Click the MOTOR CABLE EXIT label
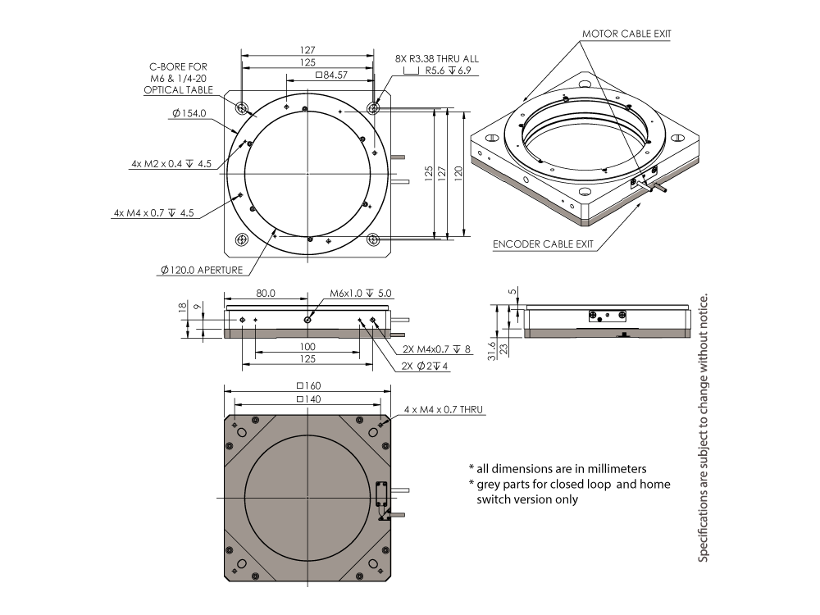pos(626,34)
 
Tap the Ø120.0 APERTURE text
pos(202,270)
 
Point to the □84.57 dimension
pos(330,75)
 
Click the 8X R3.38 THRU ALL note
pos(437,59)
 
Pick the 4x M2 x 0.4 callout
pos(171,164)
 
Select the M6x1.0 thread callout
pos(361,293)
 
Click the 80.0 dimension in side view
pos(265,293)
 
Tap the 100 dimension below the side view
pos(307,348)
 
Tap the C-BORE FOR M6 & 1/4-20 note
pos(180,78)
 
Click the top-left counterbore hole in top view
pos(242,108)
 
